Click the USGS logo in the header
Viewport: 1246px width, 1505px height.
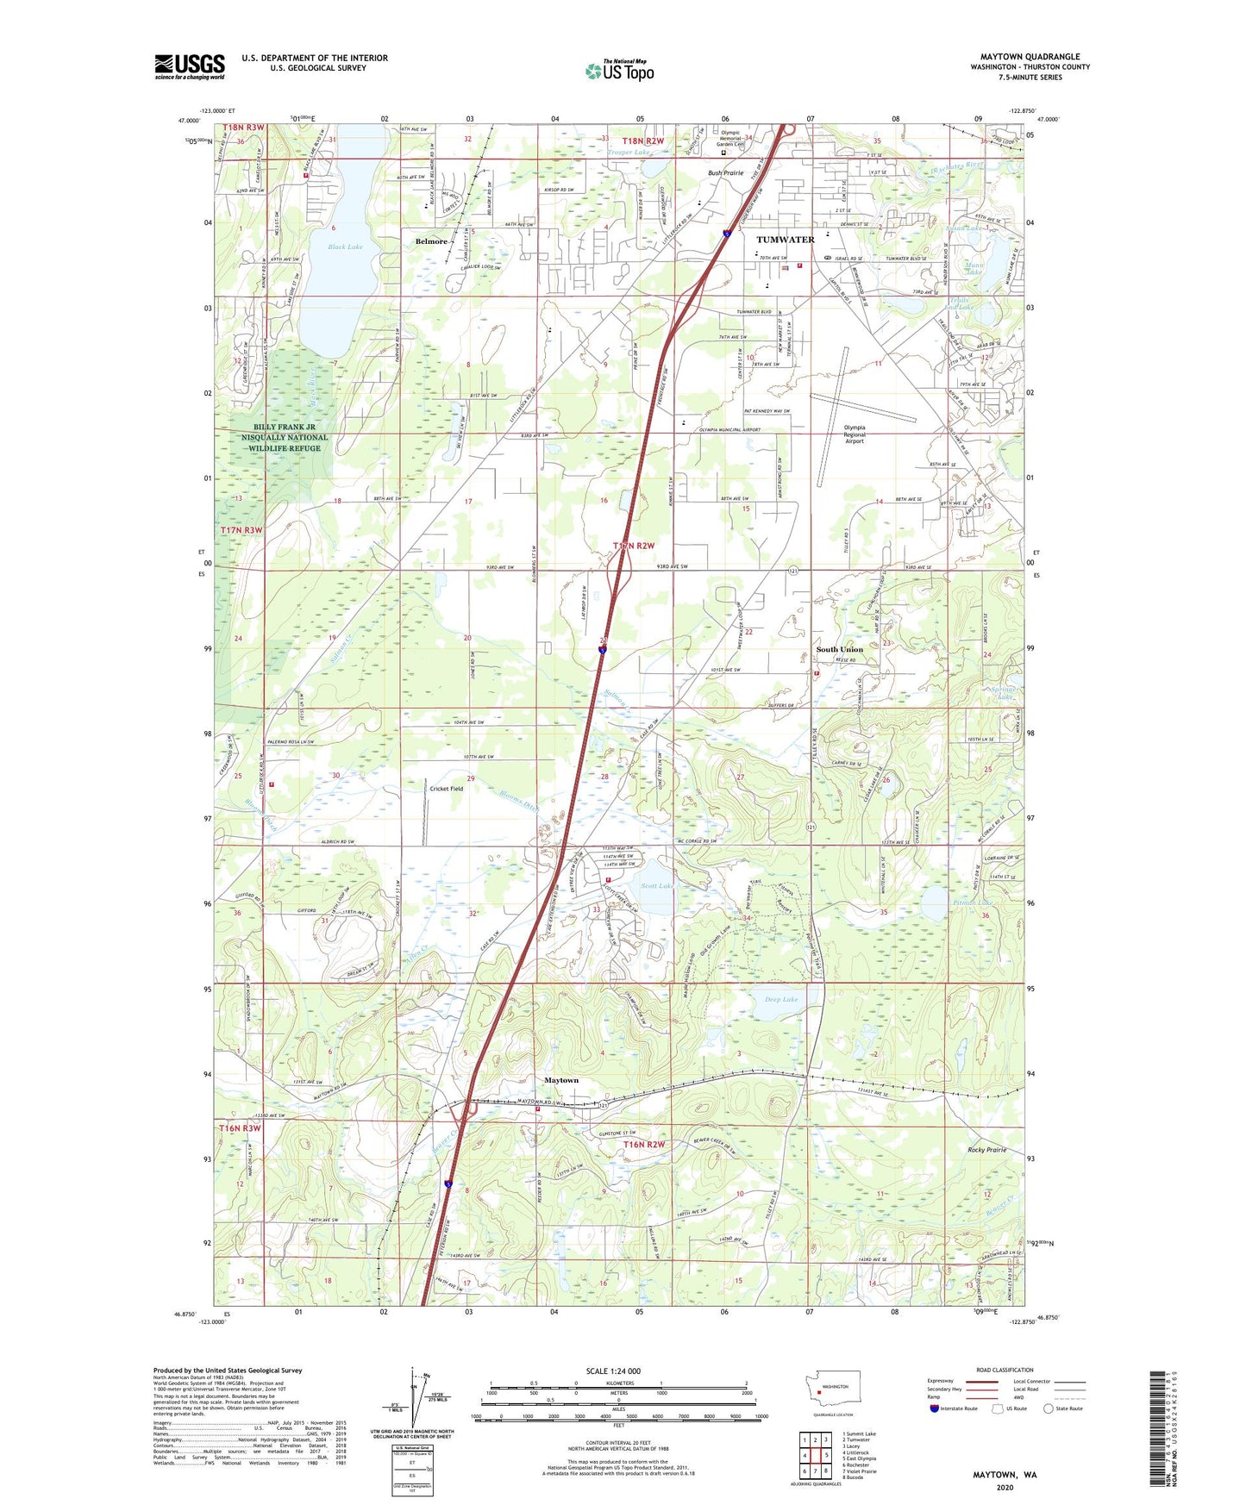pos(190,66)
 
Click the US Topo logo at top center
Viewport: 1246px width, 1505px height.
pos(619,71)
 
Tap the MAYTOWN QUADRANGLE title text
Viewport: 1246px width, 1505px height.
pos(1030,57)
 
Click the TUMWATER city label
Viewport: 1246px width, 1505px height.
pos(785,240)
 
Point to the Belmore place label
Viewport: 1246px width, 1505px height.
pos(431,241)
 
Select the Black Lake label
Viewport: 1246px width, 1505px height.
pos(345,247)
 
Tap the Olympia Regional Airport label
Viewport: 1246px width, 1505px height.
pos(855,434)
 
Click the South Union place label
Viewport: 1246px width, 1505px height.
pos(839,649)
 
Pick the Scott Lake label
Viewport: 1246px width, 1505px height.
pos(656,885)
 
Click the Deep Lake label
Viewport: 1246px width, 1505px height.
pos(781,999)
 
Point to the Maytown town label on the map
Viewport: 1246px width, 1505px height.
pos(561,1080)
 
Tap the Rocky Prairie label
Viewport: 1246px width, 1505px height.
pos(986,1150)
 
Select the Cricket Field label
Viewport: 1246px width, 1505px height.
pos(447,788)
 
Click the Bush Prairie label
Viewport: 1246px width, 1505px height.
pos(725,172)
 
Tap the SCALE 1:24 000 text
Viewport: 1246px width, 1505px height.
pos(613,1371)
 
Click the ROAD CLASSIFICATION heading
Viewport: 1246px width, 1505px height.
pos(1005,1370)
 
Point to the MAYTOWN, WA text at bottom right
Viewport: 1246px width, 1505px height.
pos(1005,1475)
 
